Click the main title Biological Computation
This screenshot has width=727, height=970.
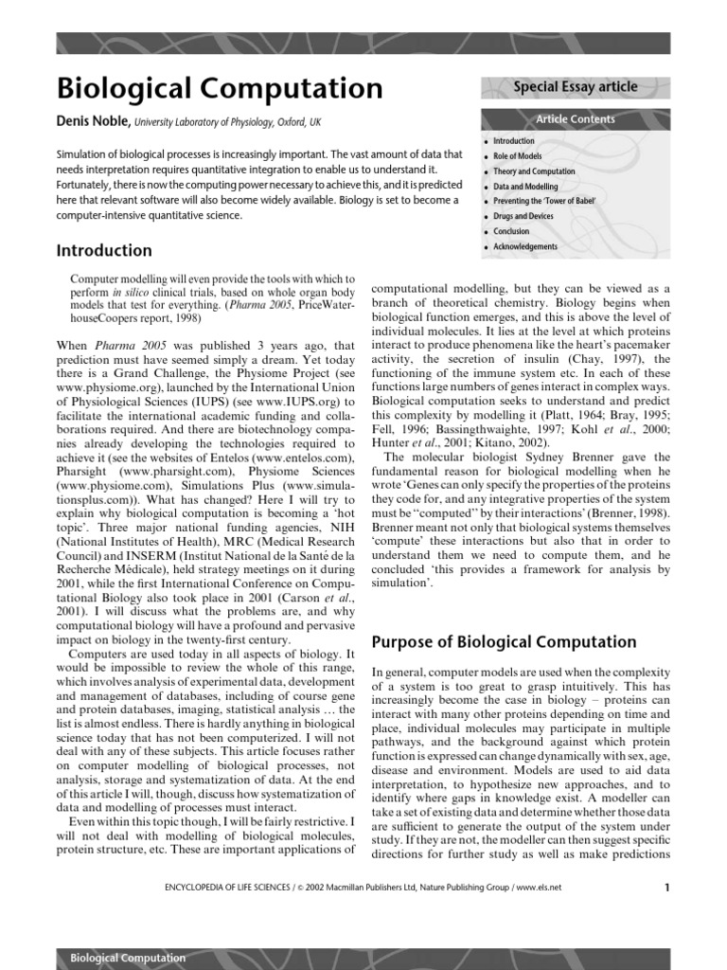point(220,88)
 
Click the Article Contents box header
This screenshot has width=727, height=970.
point(575,119)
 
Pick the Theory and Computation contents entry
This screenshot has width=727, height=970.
point(534,171)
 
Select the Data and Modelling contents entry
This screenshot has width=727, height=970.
point(525,187)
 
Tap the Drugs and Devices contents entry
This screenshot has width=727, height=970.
point(523,217)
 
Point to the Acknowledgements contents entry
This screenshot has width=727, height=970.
point(525,247)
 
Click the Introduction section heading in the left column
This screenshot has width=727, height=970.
point(104,251)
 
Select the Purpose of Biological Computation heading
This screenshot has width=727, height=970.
point(505,642)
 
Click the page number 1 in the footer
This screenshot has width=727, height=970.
point(666,888)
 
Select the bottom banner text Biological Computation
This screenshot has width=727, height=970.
point(128,958)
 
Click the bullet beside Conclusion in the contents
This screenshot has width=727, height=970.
point(486,232)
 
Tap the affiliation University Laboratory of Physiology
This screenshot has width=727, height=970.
point(204,123)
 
